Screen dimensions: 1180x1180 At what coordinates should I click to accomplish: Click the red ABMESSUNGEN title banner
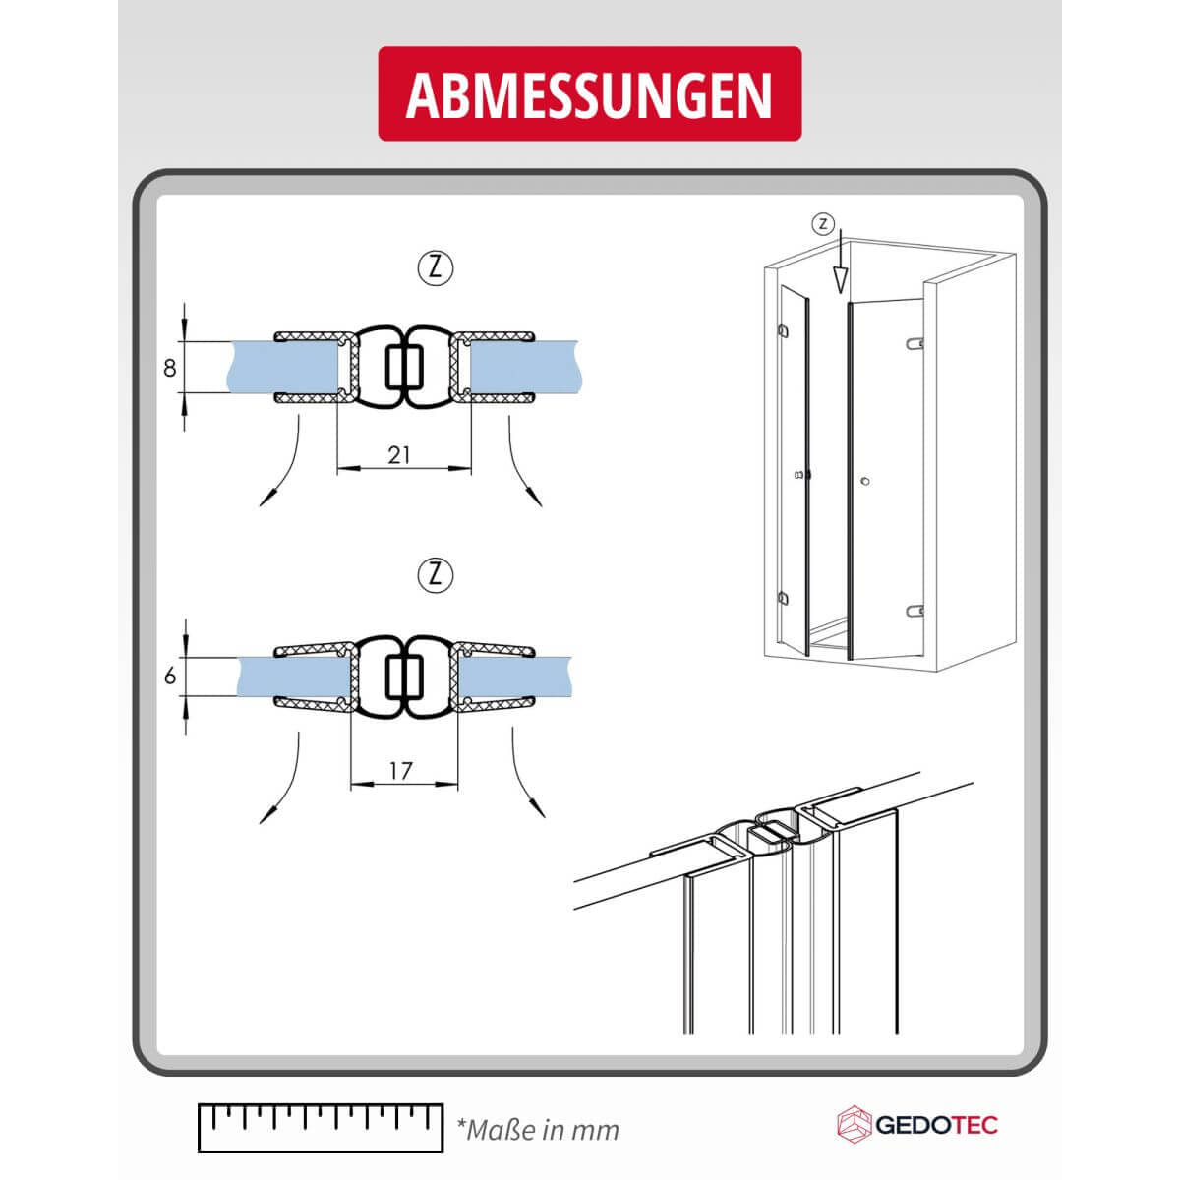(x=589, y=93)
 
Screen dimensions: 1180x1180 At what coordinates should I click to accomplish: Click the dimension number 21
(x=398, y=455)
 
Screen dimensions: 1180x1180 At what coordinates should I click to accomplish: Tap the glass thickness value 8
(x=169, y=368)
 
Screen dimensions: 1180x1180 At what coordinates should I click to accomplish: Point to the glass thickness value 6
(x=170, y=676)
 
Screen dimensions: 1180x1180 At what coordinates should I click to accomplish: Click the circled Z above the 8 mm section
(x=436, y=268)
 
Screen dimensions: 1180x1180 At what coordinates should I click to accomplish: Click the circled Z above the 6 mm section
(x=436, y=575)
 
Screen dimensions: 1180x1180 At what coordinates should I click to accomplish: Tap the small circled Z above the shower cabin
(x=823, y=224)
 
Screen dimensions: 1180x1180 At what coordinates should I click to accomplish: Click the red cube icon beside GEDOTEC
(x=855, y=1124)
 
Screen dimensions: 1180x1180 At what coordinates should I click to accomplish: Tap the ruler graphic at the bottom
(x=321, y=1128)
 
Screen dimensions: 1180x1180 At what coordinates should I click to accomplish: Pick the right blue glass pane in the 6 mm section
(x=514, y=676)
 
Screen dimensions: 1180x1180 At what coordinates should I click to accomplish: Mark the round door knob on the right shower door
(x=865, y=482)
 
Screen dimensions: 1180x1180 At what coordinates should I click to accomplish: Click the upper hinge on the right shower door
(x=914, y=343)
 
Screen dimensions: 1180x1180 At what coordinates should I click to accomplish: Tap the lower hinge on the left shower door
(x=783, y=597)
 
